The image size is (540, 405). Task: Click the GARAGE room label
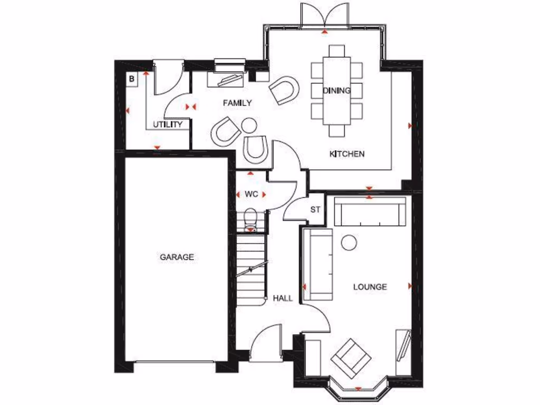[x=177, y=257]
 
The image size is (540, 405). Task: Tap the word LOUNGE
[x=370, y=287]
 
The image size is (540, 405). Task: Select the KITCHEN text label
[x=346, y=154]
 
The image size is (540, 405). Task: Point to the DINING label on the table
[x=336, y=91]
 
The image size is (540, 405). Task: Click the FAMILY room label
[x=237, y=103]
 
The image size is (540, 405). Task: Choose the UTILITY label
[x=168, y=124]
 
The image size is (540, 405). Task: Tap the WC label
[x=251, y=194]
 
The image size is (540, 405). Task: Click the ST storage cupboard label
[x=315, y=209]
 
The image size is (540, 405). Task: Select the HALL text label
[x=283, y=298]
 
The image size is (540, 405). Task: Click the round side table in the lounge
[x=349, y=242]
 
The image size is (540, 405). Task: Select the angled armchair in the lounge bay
[x=350, y=356]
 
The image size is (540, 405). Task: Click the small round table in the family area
[x=249, y=126]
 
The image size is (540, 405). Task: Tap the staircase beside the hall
[x=250, y=269]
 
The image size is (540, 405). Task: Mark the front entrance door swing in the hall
[x=266, y=345]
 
